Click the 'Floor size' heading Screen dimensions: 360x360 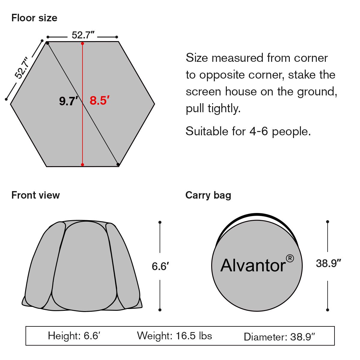(x=34, y=18)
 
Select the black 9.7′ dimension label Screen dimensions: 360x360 (x=68, y=101)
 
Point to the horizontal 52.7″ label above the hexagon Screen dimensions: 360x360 (x=83, y=35)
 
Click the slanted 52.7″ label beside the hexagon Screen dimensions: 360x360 (x=22, y=67)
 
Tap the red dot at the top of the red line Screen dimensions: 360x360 (x=82, y=43)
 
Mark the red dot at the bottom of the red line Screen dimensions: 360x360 (x=82, y=165)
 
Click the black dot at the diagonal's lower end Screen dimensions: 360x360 (x=118, y=164)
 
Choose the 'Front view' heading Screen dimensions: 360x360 (x=36, y=195)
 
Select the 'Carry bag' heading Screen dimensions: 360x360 (x=208, y=195)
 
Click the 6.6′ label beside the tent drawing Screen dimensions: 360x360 (x=160, y=266)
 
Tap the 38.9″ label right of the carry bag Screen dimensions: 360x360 (x=328, y=263)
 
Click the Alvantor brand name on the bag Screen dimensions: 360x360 (x=253, y=265)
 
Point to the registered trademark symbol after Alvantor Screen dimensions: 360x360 (x=290, y=259)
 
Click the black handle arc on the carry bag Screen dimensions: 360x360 (x=257, y=215)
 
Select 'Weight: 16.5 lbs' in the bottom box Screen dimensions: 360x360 (x=175, y=336)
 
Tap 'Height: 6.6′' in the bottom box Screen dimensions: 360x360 (x=74, y=336)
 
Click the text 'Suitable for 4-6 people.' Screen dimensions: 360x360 (x=248, y=131)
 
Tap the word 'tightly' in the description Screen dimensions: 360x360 (x=224, y=108)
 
